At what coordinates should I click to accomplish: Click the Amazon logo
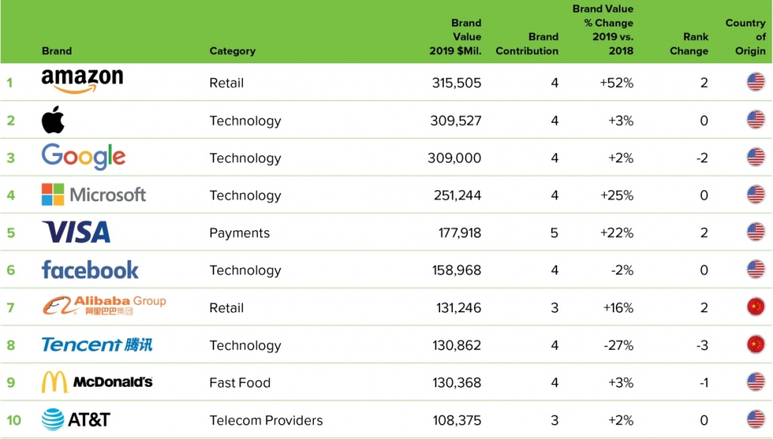click(82, 81)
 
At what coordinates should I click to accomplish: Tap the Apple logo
click(53, 120)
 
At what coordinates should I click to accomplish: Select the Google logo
click(83, 158)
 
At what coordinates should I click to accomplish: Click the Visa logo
click(76, 232)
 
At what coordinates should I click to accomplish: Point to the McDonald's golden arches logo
click(54, 382)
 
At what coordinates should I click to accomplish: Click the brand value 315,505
click(457, 83)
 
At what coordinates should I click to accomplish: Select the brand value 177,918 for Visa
click(460, 233)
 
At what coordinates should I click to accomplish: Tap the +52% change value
click(616, 83)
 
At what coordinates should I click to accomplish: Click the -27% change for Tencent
click(617, 345)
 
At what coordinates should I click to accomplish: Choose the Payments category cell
click(239, 233)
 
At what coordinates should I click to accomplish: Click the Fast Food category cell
click(239, 382)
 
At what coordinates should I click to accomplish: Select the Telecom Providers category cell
click(266, 420)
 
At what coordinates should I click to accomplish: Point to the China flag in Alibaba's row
click(756, 308)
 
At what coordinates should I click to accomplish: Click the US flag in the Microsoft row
click(756, 195)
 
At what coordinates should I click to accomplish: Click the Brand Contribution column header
click(527, 44)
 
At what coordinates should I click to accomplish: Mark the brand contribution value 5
click(554, 233)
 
